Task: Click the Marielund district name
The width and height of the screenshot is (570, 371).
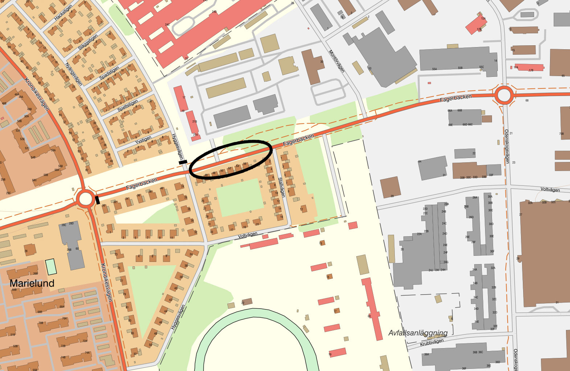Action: coord(32,283)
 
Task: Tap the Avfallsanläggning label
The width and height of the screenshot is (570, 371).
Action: coord(418,333)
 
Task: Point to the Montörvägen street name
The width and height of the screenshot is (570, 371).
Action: coord(336,61)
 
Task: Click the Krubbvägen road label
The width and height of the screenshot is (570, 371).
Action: coord(432,342)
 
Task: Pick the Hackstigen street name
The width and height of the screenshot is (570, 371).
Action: coord(63,13)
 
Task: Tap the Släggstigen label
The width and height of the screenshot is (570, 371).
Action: coord(88,42)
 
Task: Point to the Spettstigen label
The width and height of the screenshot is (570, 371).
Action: coord(128,105)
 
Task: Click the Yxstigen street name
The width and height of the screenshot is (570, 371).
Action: coord(143,140)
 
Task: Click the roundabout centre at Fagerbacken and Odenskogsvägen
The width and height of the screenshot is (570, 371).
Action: coord(504,96)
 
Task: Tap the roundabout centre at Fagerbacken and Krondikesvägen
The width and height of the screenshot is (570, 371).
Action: coord(85,199)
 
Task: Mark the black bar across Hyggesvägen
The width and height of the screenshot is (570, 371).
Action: coord(183,162)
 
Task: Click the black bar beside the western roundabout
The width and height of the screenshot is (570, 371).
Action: coord(97,200)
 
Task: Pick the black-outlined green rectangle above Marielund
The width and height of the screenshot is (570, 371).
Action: coord(51,266)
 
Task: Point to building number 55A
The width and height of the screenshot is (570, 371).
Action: coord(434,68)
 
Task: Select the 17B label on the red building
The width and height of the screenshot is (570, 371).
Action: coord(531,70)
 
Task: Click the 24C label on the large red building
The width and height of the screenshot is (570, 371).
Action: coord(167,25)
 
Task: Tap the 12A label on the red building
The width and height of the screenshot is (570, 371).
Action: coord(483,18)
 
